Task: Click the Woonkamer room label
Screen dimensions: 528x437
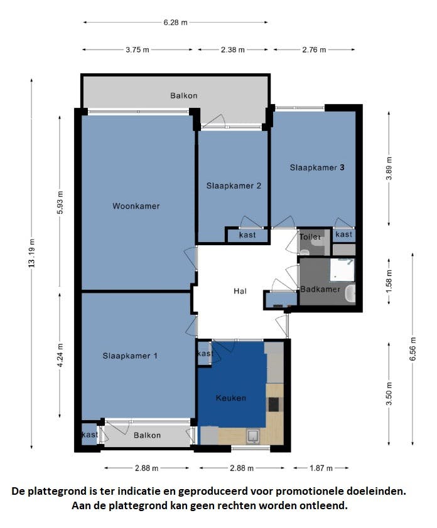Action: click(136, 206)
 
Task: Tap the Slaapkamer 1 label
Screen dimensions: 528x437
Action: click(130, 356)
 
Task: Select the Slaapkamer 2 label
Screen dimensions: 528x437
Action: click(234, 186)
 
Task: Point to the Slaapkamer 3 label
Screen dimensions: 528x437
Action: click(317, 168)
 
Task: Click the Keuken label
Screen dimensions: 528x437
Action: click(231, 398)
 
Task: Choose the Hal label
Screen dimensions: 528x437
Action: click(240, 291)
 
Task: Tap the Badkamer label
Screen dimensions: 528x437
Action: click(320, 289)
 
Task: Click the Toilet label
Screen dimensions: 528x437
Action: click(310, 237)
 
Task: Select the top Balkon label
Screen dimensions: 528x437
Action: click(184, 96)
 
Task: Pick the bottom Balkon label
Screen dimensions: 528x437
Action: click(147, 435)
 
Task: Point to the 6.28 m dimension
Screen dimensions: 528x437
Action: click(175, 23)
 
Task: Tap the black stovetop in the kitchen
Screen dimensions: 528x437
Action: click(274, 404)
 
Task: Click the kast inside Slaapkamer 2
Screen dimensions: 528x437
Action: click(247, 235)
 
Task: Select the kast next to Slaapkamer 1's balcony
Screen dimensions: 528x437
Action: click(89, 435)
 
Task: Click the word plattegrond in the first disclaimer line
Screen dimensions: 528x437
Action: click(64, 492)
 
